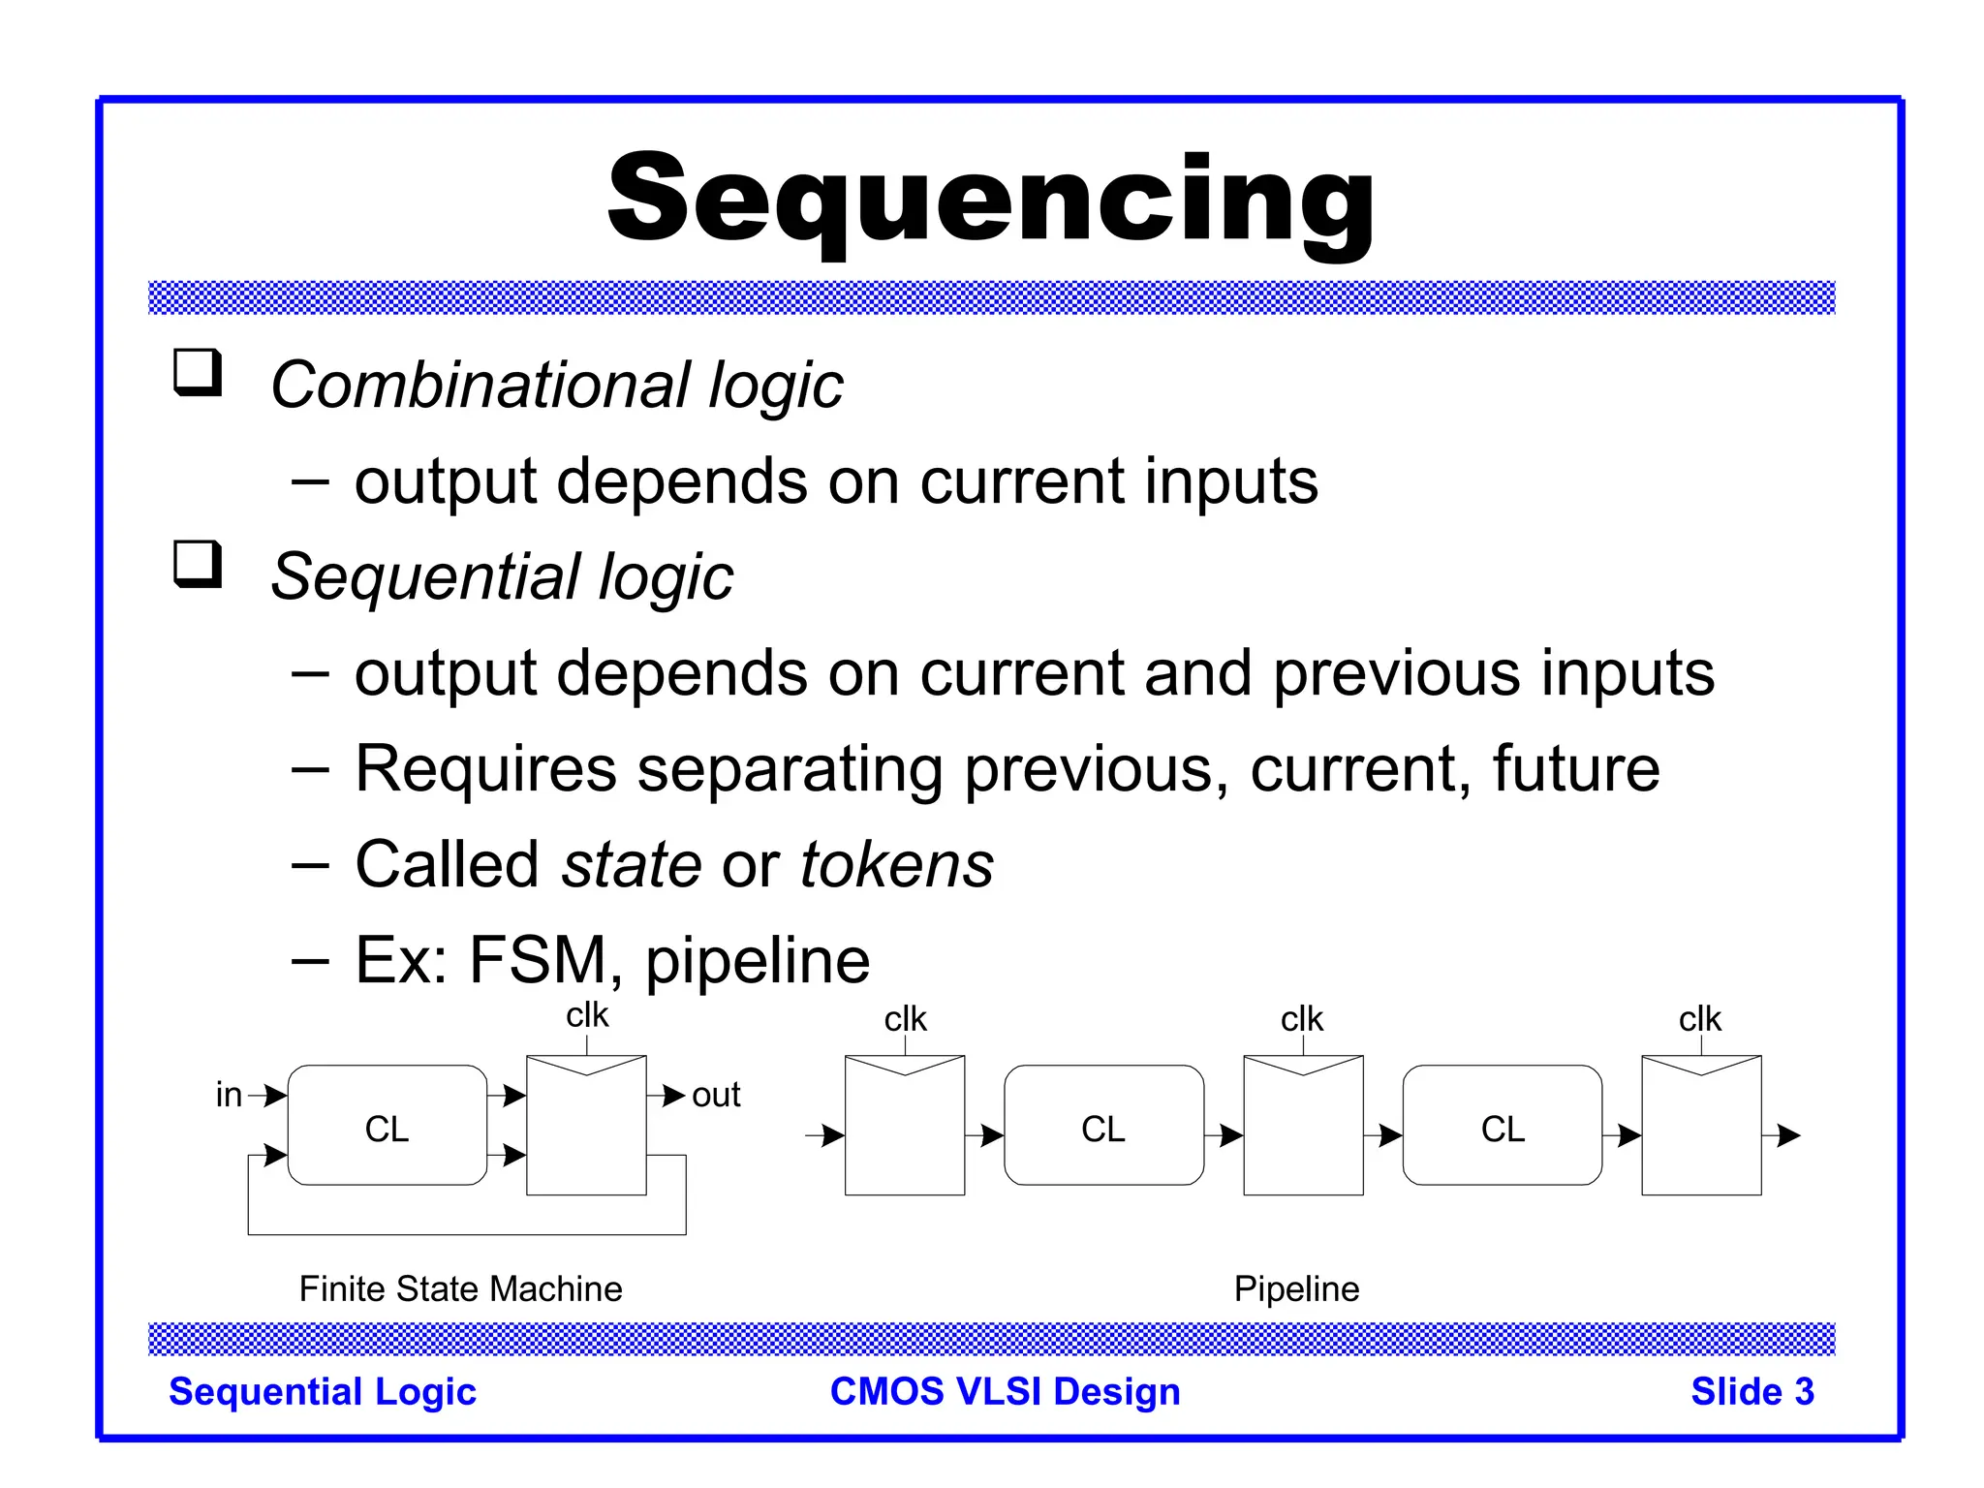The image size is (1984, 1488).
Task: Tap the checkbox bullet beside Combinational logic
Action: [198, 373]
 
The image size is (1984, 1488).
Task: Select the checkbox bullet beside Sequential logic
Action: [198, 565]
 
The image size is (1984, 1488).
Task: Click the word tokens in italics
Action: [896, 864]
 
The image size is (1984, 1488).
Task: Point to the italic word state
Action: [631, 864]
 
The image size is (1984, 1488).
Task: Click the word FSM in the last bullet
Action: [538, 960]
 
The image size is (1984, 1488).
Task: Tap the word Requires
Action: [485, 769]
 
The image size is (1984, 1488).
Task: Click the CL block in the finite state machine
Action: [387, 1127]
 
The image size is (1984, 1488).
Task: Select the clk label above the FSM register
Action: [587, 1015]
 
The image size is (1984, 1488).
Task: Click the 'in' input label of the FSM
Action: [229, 1095]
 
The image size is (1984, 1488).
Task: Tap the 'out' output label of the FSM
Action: [716, 1095]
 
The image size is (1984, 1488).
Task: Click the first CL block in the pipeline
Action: [1103, 1127]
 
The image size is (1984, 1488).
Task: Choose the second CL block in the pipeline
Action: [1502, 1127]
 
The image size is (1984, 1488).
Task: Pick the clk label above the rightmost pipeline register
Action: [1700, 1019]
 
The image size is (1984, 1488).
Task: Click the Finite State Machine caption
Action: [460, 1289]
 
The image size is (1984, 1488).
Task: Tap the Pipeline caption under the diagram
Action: [1296, 1289]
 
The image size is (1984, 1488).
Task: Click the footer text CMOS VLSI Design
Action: [1005, 1392]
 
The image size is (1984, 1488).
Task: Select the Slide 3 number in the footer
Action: [1751, 1392]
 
